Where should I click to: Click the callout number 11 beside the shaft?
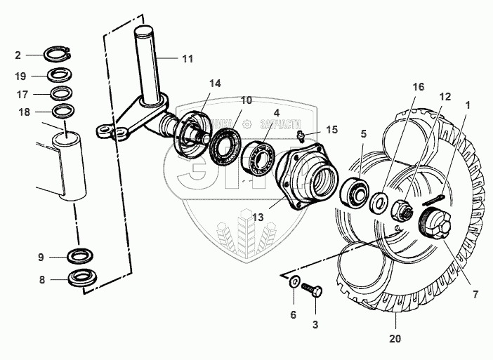pos(187,59)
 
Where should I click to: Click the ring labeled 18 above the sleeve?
pos(63,110)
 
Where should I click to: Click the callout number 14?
pos(214,83)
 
